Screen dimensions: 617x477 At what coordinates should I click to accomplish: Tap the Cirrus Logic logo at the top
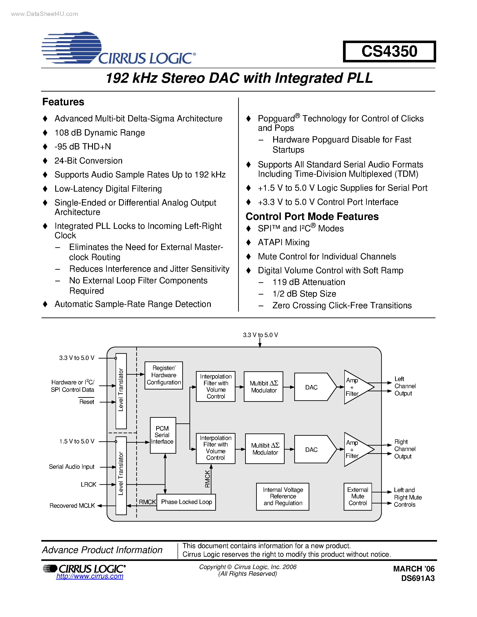click(x=119, y=48)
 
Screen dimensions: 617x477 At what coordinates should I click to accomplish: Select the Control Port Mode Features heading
click(x=312, y=217)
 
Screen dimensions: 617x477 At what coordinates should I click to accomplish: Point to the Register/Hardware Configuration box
click(x=164, y=375)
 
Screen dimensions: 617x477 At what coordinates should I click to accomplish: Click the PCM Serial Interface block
click(x=163, y=435)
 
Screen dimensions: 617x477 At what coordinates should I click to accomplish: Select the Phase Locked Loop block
click(x=186, y=502)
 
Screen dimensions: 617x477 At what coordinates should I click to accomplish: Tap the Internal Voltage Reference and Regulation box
click(x=283, y=496)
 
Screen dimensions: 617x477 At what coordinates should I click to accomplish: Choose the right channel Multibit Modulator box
click(x=265, y=449)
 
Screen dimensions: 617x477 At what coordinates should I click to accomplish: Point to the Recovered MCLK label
click(x=72, y=506)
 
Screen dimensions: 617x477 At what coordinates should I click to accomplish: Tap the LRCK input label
click(x=88, y=484)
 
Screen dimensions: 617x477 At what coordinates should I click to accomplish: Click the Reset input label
click(x=86, y=402)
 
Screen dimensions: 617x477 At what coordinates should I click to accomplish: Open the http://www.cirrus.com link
click(x=90, y=576)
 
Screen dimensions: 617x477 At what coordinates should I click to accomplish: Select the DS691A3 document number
click(x=418, y=578)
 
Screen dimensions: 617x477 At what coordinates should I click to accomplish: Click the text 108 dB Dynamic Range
click(x=99, y=133)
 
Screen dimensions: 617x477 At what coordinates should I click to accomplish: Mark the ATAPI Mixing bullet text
click(x=284, y=242)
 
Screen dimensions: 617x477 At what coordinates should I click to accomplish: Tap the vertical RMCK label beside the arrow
click(x=207, y=479)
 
